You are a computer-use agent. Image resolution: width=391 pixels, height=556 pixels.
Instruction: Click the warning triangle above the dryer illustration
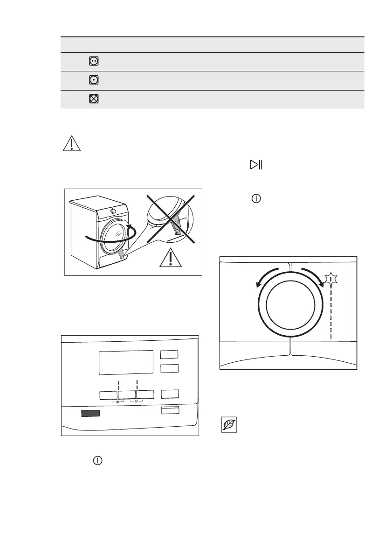pyautogui.click(x=71, y=143)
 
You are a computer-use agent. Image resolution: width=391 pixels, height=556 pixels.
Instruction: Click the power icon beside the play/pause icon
pyautogui.click(x=256, y=198)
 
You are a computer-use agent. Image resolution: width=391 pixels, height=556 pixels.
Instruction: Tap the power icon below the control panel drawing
pyautogui.click(x=97, y=460)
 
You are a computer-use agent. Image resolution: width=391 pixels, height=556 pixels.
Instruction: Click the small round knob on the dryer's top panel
pyautogui.click(x=114, y=211)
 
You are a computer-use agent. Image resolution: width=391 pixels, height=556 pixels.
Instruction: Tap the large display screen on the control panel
pyautogui.click(x=126, y=362)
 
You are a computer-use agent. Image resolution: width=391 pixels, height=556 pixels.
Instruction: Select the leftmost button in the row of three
pyautogui.click(x=108, y=394)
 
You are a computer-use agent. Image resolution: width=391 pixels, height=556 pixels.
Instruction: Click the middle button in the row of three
pyautogui.click(x=127, y=394)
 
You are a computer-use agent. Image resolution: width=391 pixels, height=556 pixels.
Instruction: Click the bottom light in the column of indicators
pyautogui.click(x=331, y=336)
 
